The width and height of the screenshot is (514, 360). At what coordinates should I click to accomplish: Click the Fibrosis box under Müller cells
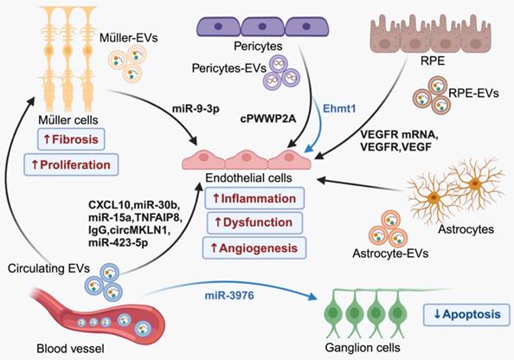71,139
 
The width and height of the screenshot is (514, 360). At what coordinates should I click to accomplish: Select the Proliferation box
71,164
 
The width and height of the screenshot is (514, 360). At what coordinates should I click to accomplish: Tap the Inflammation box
254,198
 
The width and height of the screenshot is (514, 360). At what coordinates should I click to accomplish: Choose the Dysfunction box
254,222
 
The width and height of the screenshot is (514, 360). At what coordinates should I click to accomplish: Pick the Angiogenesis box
254,247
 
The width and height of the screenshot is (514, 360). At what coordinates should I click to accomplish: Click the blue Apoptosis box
466,315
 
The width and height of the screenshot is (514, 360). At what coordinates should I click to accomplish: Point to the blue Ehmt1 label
339,108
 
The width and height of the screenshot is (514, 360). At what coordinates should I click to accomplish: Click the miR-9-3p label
196,109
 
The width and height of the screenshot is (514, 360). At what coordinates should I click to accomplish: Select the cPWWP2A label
268,119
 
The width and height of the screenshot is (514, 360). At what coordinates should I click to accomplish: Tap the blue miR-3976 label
229,296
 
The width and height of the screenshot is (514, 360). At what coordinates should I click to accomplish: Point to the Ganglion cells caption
363,348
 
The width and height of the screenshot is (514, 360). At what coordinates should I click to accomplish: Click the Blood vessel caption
70,348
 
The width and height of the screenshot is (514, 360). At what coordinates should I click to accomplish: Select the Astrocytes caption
466,229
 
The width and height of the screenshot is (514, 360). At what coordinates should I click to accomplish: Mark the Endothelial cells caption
248,178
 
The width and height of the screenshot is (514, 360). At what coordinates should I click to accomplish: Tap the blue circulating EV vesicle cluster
104,282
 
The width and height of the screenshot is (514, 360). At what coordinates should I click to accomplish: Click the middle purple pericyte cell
262,27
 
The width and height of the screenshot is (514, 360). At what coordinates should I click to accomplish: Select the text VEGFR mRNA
399,135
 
